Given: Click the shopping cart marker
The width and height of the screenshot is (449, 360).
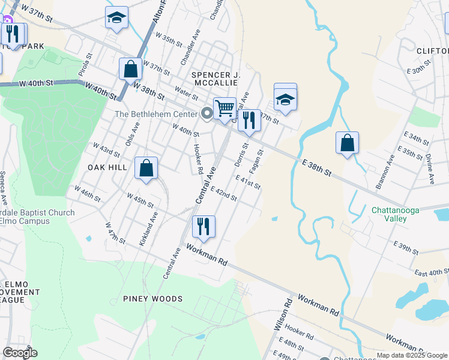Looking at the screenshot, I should (x=224, y=109).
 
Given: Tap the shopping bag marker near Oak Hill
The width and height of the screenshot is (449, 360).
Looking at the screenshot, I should (x=146, y=169).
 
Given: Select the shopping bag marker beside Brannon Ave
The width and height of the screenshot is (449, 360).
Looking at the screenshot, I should (x=347, y=143).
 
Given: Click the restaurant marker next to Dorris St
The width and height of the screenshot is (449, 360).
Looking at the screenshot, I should (x=249, y=121).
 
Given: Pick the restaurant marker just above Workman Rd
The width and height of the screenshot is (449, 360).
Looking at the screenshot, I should (x=203, y=227).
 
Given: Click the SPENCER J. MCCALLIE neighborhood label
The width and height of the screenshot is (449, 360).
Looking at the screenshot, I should (x=216, y=79).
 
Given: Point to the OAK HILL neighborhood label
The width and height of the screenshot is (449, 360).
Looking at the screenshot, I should (x=107, y=167).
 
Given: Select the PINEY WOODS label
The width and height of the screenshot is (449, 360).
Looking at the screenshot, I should (x=152, y=299).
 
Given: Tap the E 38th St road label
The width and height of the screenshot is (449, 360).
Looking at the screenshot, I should (x=317, y=167).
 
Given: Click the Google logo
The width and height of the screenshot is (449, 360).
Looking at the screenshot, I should (x=20, y=353).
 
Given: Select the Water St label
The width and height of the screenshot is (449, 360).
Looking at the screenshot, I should (x=186, y=94).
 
